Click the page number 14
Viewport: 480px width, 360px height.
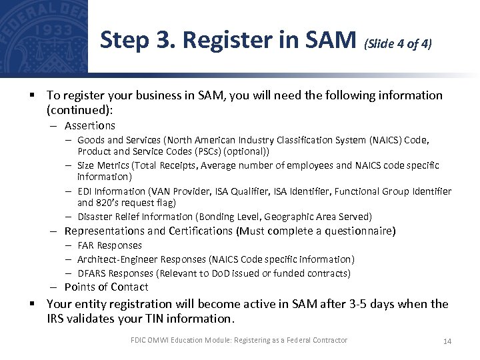pos(447,341)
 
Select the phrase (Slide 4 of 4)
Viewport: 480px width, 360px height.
pos(398,45)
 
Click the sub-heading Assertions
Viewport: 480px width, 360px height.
pos(90,126)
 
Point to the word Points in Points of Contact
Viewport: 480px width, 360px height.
pos(80,287)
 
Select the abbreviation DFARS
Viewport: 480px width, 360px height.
pos(93,273)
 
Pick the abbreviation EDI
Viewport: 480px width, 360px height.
pos(85,192)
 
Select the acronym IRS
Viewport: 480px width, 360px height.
pos(57,319)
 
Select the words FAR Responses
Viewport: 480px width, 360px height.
pos(109,245)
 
